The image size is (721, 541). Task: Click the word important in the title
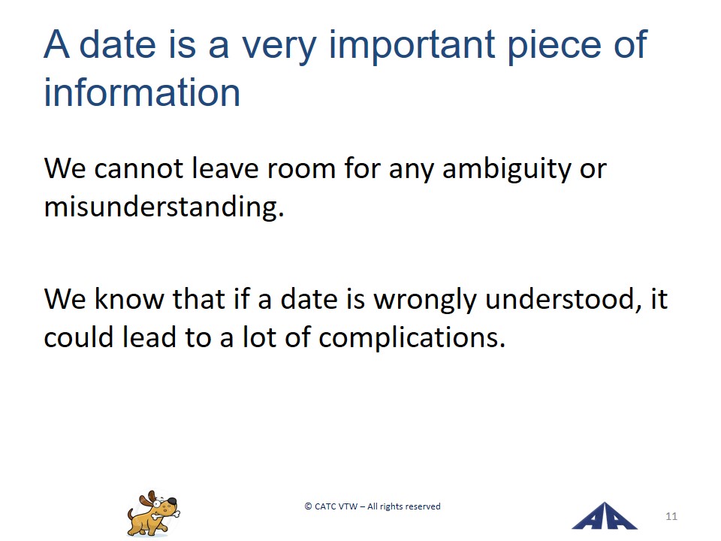point(412,46)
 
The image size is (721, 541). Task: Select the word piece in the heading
point(554,46)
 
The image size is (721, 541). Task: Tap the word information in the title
point(142,92)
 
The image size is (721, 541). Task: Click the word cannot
point(138,168)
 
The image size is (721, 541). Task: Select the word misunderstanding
point(164,207)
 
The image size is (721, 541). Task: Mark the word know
point(128,299)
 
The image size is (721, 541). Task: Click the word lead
point(149,337)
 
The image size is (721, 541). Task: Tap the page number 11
point(671,516)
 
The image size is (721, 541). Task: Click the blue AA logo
point(604,516)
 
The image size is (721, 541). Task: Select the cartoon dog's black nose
point(171,500)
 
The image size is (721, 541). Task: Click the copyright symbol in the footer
point(308,506)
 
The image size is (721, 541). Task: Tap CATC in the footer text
point(325,506)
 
